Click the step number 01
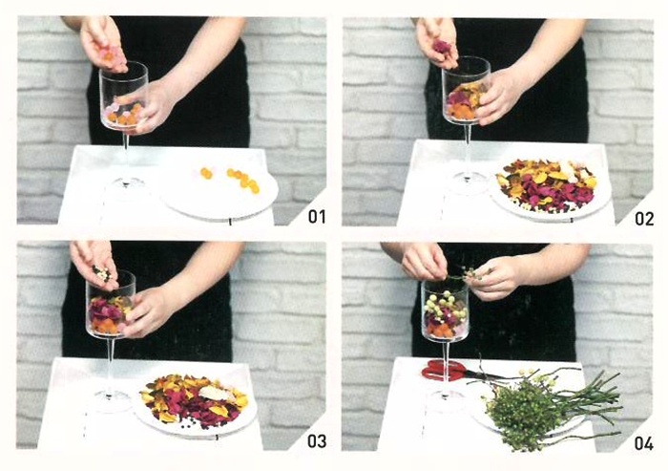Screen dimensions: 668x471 pos(317,216)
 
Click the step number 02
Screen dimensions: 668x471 pos(644,218)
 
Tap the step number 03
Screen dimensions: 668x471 pos(317,440)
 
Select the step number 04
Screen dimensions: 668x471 pos(644,443)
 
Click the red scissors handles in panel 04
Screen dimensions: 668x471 pos(441,370)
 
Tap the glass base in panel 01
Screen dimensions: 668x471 pos(126,183)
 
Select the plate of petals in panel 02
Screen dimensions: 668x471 pos(550,187)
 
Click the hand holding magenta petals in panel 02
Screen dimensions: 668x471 pos(438,43)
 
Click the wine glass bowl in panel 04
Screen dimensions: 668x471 pos(445,310)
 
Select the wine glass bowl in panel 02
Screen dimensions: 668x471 pos(466,91)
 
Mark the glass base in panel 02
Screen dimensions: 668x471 pos(469,181)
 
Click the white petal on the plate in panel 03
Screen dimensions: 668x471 pos(215,393)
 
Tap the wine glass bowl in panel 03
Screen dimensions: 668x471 pos(111,305)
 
